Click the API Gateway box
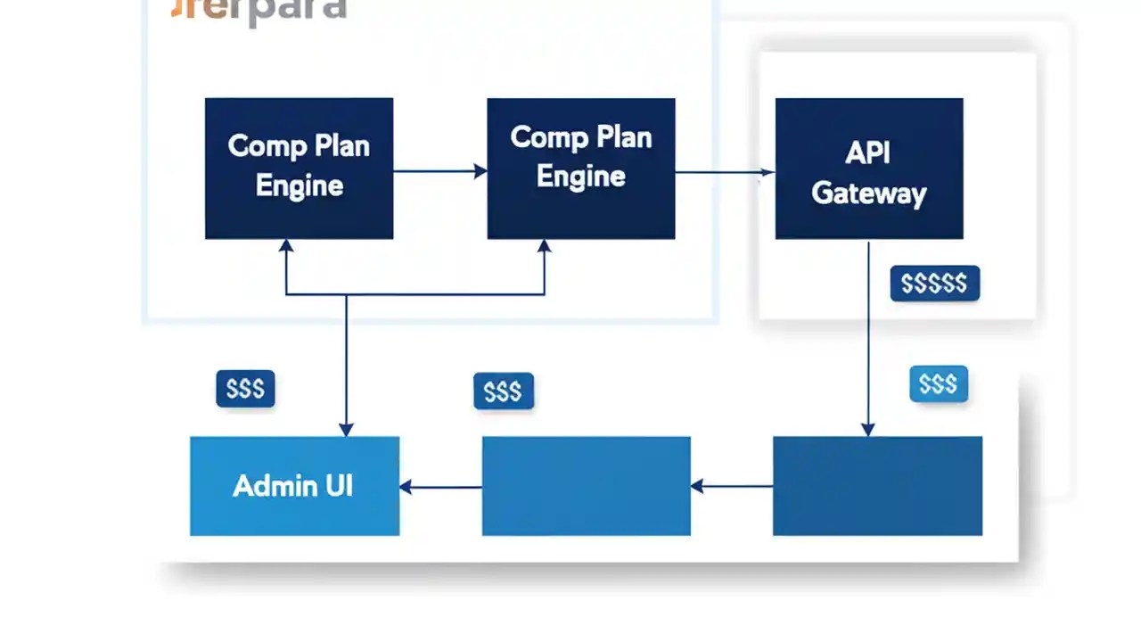click(869, 169)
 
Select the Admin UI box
click(294, 486)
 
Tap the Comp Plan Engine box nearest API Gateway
click(581, 169)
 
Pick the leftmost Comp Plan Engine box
click(299, 169)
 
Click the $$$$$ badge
click(934, 284)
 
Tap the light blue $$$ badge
click(938, 384)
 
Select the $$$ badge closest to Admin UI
click(245, 389)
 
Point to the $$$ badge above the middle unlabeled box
click(503, 391)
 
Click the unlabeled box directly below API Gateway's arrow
click(877, 486)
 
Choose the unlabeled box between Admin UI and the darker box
click(587, 486)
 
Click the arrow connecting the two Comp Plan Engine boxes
click(439, 170)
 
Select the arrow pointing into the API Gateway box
click(724, 171)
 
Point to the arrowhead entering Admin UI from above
click(346, 429)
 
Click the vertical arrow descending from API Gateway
click(868, 339)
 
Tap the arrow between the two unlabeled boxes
click(731, 487)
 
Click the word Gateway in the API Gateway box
click(869, 193)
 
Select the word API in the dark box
click(867, 152)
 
